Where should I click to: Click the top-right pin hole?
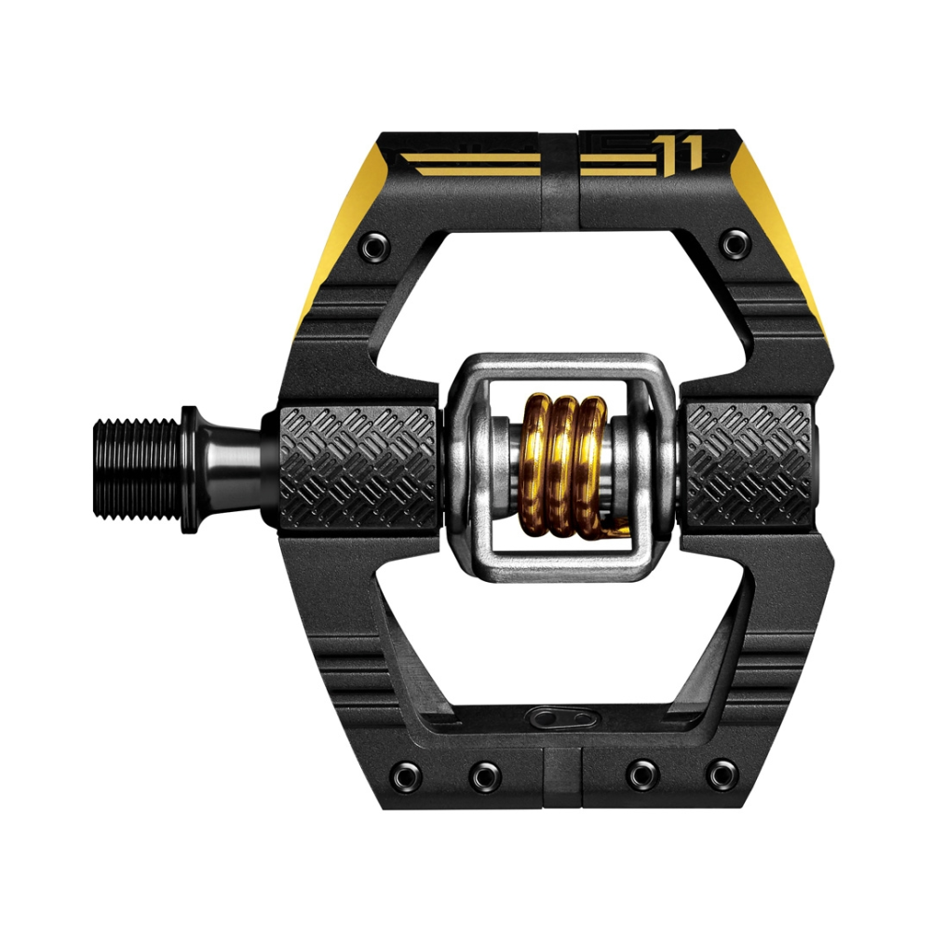(735, 245)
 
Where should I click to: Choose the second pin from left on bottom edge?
(483, 773)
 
